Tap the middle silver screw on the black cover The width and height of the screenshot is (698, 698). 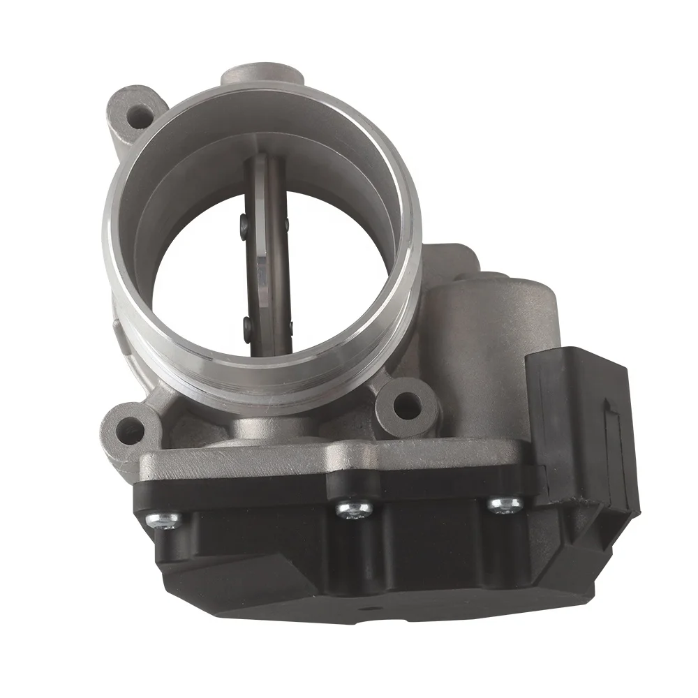click(x=350, y=509)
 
